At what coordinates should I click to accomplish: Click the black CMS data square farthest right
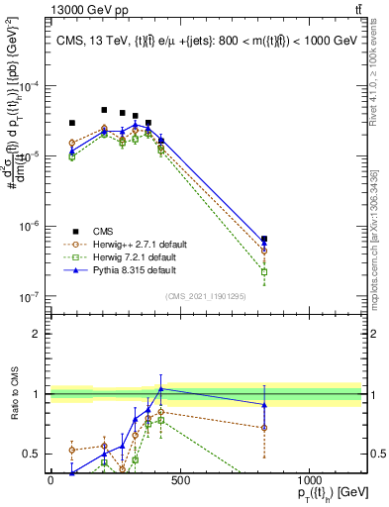[x=264, y=239]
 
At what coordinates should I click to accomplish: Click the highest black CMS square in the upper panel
[x=104, y=110]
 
